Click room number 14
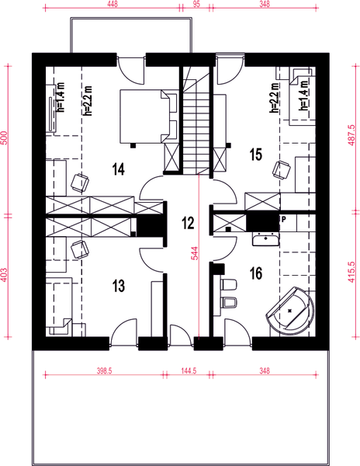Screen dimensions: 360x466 tap(119, 169)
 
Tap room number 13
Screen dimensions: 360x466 tap(119, 286)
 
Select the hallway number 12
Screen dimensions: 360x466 tap(188, 223)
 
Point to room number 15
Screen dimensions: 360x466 tap(256, 155)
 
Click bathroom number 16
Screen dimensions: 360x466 tap(256, 273)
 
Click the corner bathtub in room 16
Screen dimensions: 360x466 tap(290, 311)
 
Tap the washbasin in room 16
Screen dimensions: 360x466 tap(265, 239)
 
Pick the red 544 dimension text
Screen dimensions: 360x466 tap(195, 253)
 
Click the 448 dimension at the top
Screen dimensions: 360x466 tap(112, 4)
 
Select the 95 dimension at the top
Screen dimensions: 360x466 tap(196, 4)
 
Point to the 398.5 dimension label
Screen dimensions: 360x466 tap(104, 371)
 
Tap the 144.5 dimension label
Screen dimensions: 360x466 tap(189, 371)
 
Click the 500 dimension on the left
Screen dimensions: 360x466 tap(5, 137)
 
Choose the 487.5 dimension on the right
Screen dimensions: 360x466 tap(352, 135)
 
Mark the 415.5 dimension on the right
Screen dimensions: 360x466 tap(352, 272)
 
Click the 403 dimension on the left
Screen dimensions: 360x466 tap(5, 276)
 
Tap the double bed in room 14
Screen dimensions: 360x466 tap(148, 116)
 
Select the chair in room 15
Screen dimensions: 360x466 tap(281, 170)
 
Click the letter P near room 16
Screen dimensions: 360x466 tap(284, 220)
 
